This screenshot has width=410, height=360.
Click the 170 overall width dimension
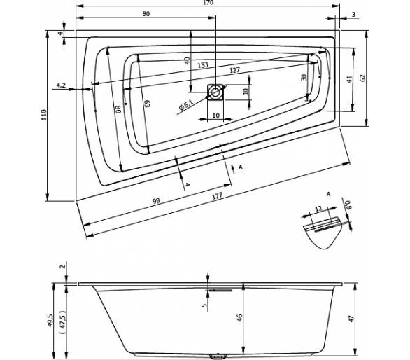point(208,3)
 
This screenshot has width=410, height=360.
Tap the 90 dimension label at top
point(146,13)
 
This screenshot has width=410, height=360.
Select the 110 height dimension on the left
point(43,115)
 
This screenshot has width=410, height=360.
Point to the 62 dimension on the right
point(362,78)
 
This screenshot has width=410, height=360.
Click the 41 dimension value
point(350,79)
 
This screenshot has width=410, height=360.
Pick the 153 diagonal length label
point(203,65)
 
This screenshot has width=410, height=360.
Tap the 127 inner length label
point(234,71)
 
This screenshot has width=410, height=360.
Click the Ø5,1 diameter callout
point(185,106)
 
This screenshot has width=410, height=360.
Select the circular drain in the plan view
point(215,92)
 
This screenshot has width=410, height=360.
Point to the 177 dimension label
point(217,196)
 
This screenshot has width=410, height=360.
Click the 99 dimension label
point(156,201)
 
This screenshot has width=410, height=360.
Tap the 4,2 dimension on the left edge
point(61,85)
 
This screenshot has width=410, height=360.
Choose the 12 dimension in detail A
point(318,209)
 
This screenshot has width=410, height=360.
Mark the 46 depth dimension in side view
point(240,317)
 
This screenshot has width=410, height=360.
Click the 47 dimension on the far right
point(352,319)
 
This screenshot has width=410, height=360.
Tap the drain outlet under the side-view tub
point(218,356)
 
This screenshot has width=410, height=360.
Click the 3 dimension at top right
point(354,14)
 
